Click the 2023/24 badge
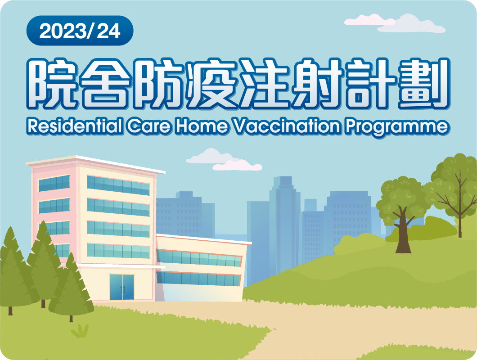80,31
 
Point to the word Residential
75,126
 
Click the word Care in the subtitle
149,126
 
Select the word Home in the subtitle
202,126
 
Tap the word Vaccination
286,126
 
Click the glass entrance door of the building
121,287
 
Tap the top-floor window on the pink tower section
54,183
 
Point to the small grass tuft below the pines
80,331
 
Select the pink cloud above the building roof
237,165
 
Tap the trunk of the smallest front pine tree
71,318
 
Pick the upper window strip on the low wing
199,258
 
